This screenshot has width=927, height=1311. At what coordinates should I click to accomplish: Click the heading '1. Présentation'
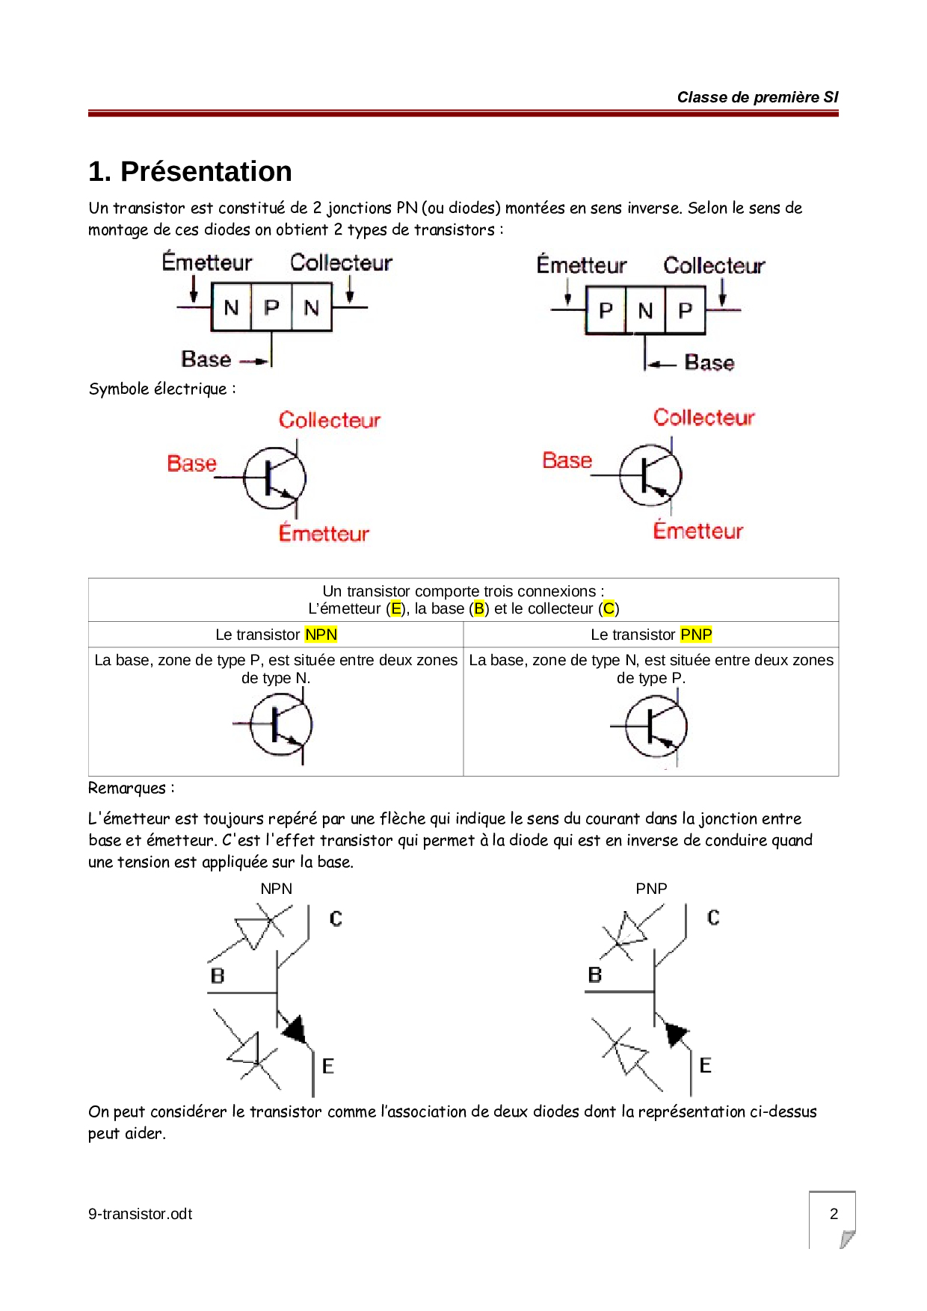[x=190, y=171]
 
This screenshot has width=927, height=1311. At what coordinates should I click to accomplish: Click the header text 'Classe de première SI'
[x=757, y=97]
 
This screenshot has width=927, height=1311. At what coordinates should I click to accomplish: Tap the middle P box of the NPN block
[x=272, y=307]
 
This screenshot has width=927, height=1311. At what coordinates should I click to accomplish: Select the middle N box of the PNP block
[x=646, y=310]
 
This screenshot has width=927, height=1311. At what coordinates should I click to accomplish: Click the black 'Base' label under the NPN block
[x=206, y=360]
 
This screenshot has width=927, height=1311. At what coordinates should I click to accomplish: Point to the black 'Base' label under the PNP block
[x=709, y=363]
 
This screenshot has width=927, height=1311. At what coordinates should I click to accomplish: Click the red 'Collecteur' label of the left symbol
[x=330, y=420]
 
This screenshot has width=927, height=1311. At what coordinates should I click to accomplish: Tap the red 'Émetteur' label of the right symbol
[x=698, y=531]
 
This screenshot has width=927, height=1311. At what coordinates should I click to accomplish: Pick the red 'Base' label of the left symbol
[x=191, y=463]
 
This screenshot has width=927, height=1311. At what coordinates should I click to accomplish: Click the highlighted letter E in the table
[x=396, y=608]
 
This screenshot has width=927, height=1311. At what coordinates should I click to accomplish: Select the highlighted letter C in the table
[x=609, y=608]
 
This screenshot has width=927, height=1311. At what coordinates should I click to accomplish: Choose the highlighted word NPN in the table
[x=321, y=635]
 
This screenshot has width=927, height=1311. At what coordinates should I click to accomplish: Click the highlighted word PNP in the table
[x=696, y=635]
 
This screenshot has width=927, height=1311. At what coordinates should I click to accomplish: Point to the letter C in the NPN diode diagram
[x=336, y=919]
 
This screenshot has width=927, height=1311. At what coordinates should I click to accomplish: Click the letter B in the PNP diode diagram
[x=595, y=975]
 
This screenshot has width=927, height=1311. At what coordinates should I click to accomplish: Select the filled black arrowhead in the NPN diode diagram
[x=295, y=1029]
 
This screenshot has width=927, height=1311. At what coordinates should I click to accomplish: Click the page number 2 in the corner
[x=834, y=1214]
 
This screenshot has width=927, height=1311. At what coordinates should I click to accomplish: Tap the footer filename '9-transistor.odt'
[x=140, y=1214]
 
